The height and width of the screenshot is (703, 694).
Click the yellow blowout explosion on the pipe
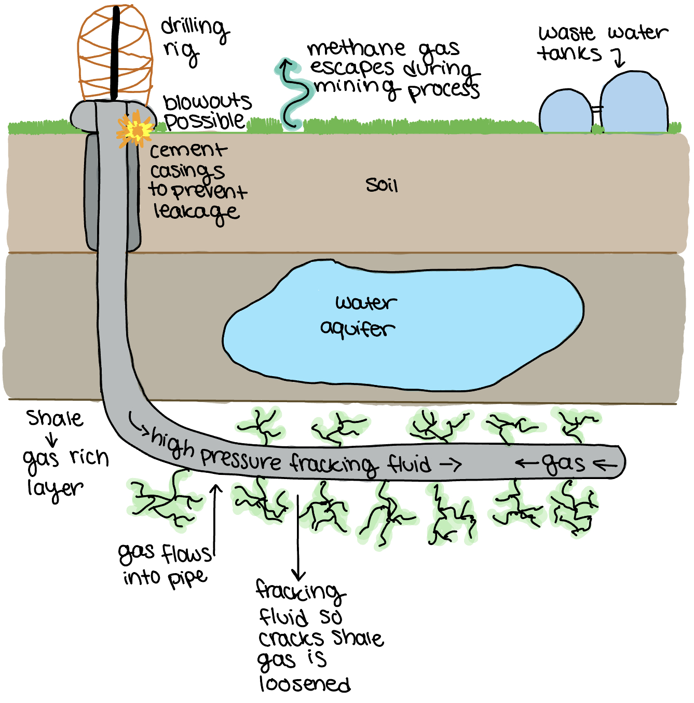[x=135, y=130]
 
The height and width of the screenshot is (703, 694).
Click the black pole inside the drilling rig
[x=115, y=52]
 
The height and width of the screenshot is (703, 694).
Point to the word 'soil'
[x=382, y=185]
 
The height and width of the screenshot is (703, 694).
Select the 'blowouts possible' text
[x=206, y=111]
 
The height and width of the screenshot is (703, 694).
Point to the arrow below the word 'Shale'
[x=52, y=439]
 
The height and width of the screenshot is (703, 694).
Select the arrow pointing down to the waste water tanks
[x=618, y=58]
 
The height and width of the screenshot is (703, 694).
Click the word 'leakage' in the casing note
[x=196, y=211]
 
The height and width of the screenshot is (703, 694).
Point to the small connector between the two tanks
[x=596, y=110]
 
